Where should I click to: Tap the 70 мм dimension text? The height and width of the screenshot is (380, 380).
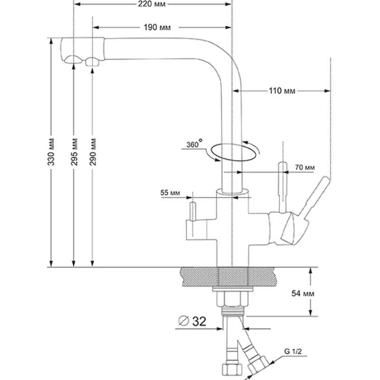click(x=305, y=167)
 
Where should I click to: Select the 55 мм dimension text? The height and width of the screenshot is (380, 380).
click(x=171, y=192)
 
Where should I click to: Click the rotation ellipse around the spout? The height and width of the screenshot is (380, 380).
click(x=235, y=151)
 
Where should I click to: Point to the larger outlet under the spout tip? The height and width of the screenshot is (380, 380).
click(x=73, y=60)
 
